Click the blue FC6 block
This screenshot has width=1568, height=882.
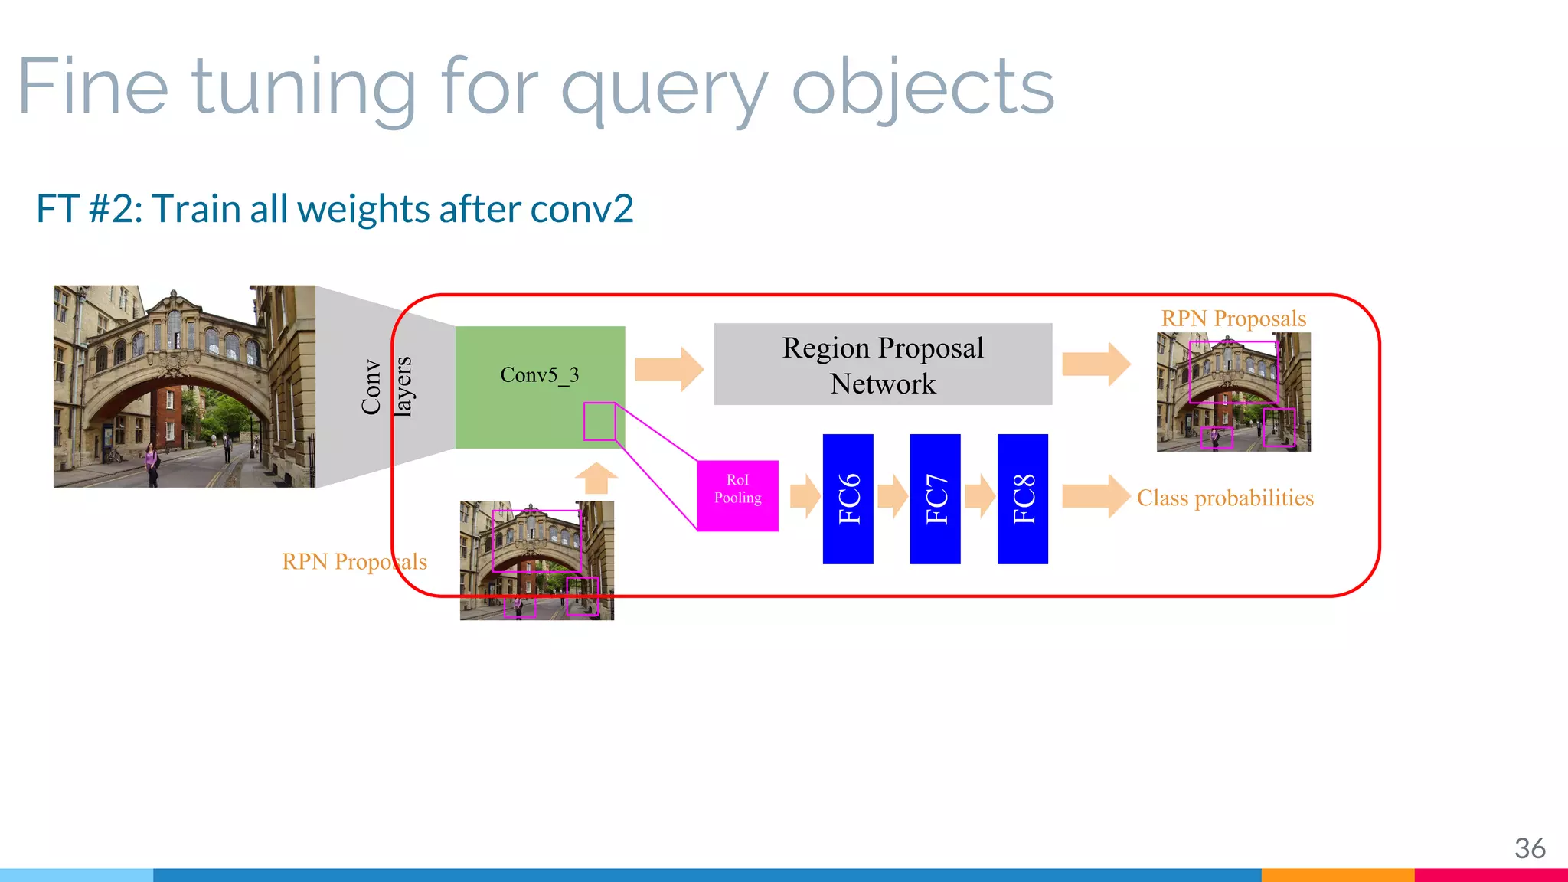[848, 498]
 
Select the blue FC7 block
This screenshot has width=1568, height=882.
[935, 498]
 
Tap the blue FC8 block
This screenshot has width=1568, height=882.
[1022, 498]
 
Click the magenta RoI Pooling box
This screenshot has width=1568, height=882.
[737, 495]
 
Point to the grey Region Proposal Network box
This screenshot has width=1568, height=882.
[883, 364]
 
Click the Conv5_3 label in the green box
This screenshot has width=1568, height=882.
[539, 375]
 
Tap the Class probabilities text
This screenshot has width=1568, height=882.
[1224, 498]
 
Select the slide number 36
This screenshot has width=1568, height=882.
[1529, 848]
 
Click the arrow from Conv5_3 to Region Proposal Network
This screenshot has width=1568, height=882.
[668, 369]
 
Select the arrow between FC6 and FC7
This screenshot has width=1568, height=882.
[892, 496]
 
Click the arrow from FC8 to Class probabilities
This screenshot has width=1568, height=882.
[1096, 496]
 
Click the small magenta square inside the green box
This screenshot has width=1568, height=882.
[599, 421]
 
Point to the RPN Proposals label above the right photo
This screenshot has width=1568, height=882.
[1233, 318]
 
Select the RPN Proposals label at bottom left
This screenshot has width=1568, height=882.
[354, 562]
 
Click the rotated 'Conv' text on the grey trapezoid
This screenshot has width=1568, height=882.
[371, 387]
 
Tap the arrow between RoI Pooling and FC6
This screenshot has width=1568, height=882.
[805, 496]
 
